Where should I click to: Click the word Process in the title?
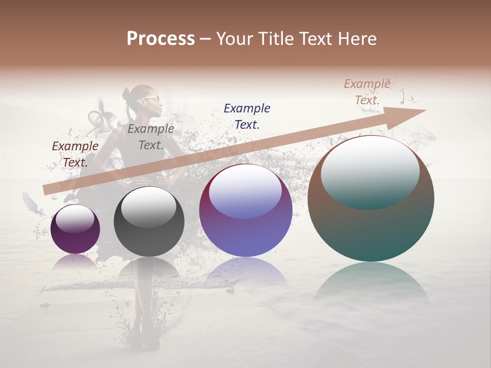point(161,39)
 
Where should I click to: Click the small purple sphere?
point(75,229)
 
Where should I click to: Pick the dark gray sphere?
point(149,222)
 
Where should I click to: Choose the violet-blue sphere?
point(245,211)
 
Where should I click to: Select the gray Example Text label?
point(150,137)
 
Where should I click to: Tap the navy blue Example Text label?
point(247,116)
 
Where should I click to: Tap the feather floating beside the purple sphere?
point(33,203)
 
